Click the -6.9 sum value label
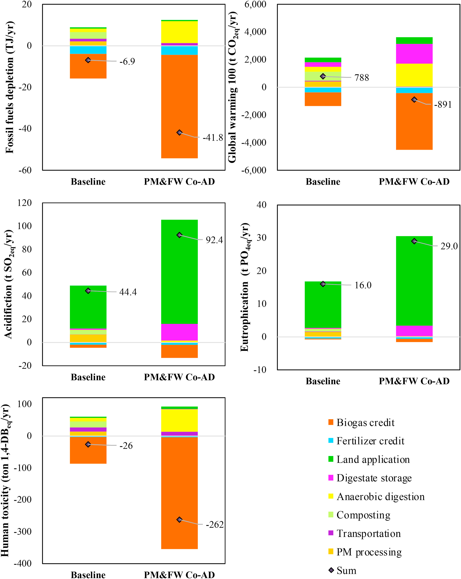127,62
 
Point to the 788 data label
362,78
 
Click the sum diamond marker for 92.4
179,235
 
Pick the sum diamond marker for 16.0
323,284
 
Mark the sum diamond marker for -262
179,520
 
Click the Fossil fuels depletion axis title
10,87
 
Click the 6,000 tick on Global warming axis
255,5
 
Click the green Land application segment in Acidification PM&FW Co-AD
179,271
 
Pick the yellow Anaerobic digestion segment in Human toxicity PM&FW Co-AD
179,420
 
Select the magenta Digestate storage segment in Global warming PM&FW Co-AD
414,54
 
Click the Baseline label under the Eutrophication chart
323,381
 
